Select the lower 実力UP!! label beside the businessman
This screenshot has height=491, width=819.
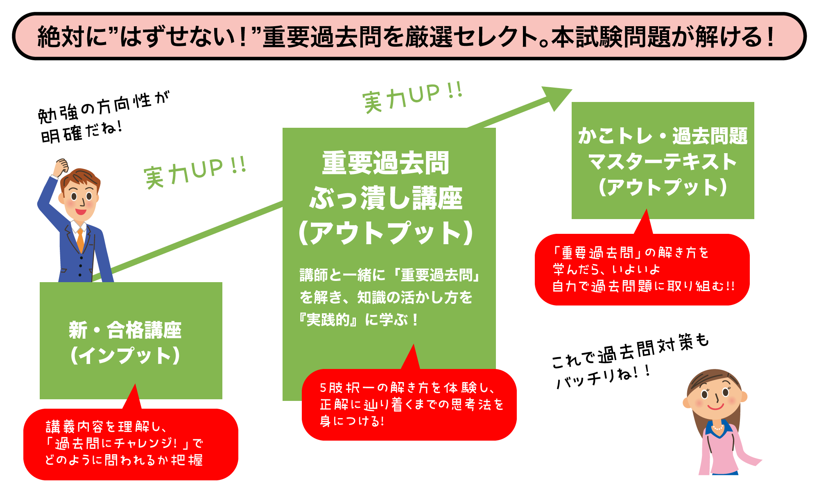coord(195,172)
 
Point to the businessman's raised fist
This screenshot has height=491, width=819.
coord(62,165)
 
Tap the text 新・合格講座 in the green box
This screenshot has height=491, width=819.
coord(125,330)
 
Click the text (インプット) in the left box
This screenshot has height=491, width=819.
coord(125,355)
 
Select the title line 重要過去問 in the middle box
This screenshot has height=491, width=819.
coord(385,163)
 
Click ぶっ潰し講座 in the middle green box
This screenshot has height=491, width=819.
coord(386,198)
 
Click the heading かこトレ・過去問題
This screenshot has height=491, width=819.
coord(663,136)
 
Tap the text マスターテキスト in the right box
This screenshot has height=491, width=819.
coord(663,161)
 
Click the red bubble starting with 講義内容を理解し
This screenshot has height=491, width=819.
coord(131,444)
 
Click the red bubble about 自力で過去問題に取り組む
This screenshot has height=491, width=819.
coord(642,269)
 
